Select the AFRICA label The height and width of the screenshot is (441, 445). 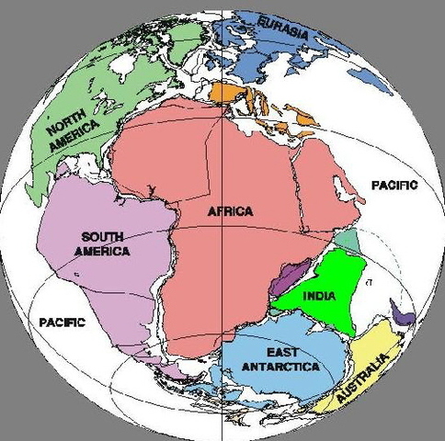pyautogui.click(x=230, y=212)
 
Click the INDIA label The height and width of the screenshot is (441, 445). pyautogui.click(x=316, y=297)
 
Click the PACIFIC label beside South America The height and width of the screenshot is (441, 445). pyautogui.click(x=63, y=322)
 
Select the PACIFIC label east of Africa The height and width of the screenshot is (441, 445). pyautogui.click(x=394, y=185)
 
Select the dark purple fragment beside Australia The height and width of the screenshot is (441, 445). pyautogui.click(x=401, y=315)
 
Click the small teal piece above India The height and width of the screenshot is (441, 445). pyautogui.click(x=346, y=241)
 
